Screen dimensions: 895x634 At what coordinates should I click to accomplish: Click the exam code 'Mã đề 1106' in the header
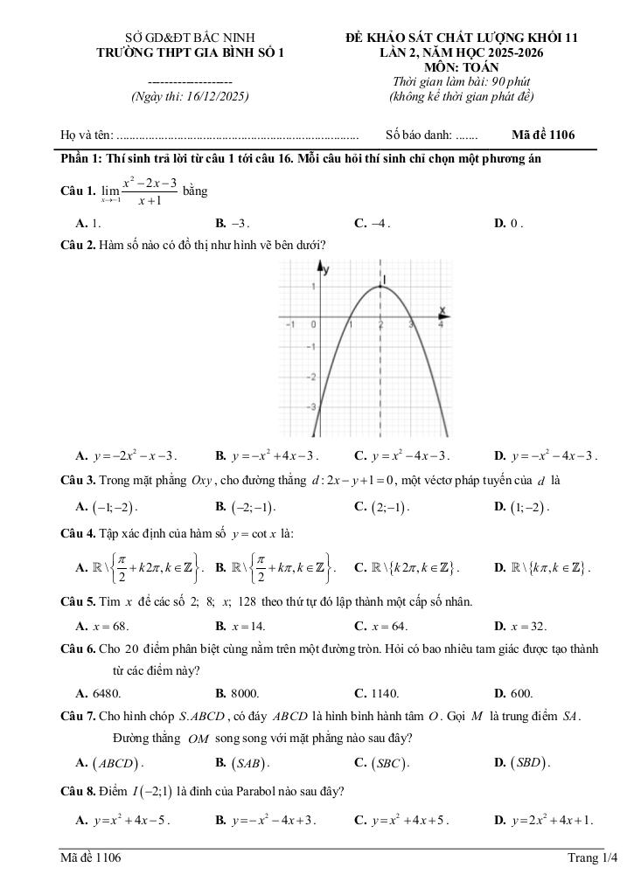pyautogui.click(x=543, y=135)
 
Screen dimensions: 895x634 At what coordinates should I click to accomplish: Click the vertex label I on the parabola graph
pyautogui.click(x=385, y=279)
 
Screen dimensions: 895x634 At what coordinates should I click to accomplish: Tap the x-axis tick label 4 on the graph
pyautogui.click(x=440, y=324)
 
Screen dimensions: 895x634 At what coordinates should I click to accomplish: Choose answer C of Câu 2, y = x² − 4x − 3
pyautogui.click(x=401, y=455)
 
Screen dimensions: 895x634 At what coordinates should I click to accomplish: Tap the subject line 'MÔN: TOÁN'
pyautogui.click(x=461, y=67)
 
